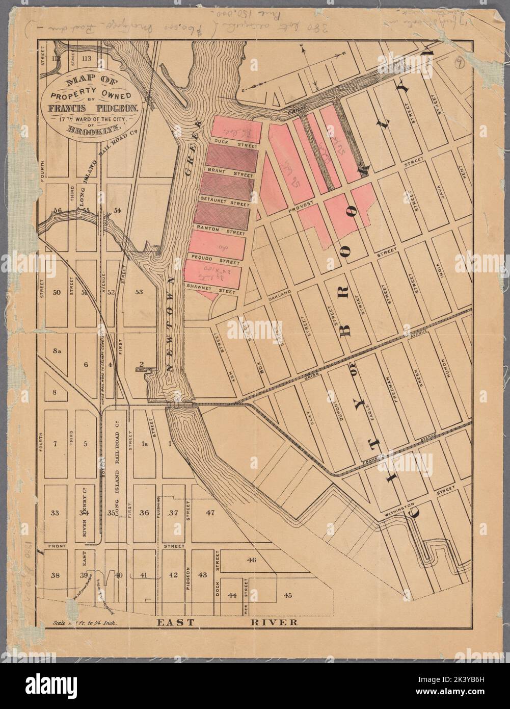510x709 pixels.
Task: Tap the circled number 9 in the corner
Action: (461, 64)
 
